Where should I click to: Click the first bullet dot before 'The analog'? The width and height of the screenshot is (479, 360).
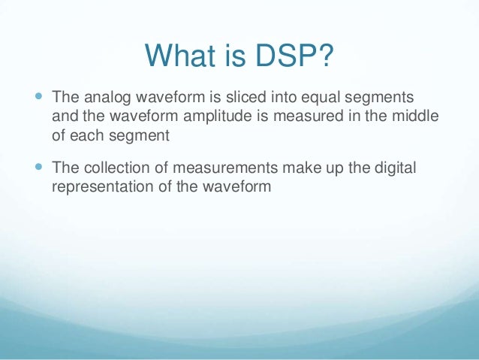(39, 97)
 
